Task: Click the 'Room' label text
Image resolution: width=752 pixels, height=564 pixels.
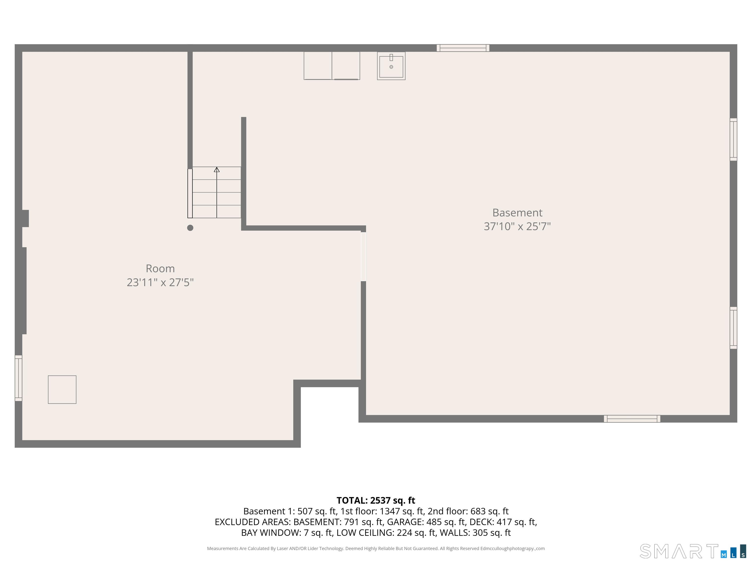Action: [x=160, y=269]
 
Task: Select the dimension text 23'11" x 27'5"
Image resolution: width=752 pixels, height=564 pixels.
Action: [x=160, y=282]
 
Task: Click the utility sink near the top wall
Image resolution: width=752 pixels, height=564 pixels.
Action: [x=391, y=66]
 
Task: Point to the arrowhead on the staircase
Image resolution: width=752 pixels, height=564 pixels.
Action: [x=217, y=169]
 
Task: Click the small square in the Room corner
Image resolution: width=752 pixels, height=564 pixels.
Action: [x=62, y=390]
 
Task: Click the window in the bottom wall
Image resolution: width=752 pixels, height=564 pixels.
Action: [x=632, y=419]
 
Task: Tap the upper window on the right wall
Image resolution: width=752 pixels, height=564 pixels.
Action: [x=733, y=139]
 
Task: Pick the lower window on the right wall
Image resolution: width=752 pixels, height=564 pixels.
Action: [x=733, y=328]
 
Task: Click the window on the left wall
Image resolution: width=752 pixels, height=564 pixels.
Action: [x=18, y=378]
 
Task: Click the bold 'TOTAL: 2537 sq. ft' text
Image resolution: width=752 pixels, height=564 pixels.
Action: [x=376, y=500]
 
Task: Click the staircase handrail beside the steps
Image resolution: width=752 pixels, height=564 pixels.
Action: [x=190, y=193]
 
